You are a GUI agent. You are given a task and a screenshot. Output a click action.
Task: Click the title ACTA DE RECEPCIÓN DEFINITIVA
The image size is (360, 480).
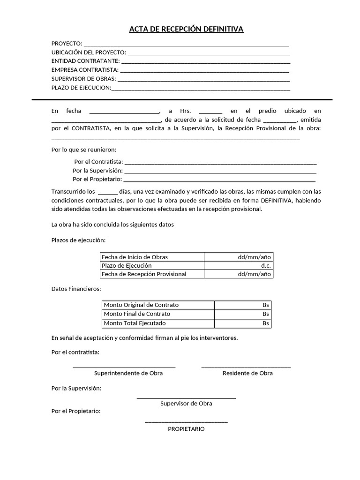point(186,30)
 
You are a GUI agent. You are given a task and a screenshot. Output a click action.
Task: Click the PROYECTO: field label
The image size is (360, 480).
point(67,44)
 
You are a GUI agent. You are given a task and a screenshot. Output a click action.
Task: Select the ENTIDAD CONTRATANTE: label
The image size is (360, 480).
point(85,61)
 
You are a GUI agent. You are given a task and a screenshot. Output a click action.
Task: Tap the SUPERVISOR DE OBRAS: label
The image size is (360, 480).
point(83,78)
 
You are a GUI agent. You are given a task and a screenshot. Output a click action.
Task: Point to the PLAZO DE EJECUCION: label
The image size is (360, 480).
point(81,87)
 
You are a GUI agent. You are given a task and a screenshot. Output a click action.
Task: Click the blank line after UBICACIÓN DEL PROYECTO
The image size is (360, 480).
point(209,53)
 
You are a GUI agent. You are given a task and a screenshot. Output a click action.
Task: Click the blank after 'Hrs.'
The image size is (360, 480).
point(210,112)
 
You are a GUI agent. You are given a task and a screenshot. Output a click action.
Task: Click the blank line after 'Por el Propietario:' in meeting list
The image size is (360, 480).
point(219,180)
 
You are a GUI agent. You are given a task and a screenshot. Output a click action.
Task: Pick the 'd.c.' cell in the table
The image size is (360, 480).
point(266,265)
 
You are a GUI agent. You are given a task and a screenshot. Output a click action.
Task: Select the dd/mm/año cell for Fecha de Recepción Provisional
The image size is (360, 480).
point(254,274)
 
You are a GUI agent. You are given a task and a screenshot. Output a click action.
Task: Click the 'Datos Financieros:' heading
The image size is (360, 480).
point(76,289)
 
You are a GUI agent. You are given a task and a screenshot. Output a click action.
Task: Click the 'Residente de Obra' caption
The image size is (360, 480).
point(247,373)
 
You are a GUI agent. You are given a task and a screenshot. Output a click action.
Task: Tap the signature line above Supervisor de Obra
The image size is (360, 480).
point(186,398)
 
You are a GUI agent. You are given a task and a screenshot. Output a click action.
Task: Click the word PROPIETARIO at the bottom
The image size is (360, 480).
point(186,428)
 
